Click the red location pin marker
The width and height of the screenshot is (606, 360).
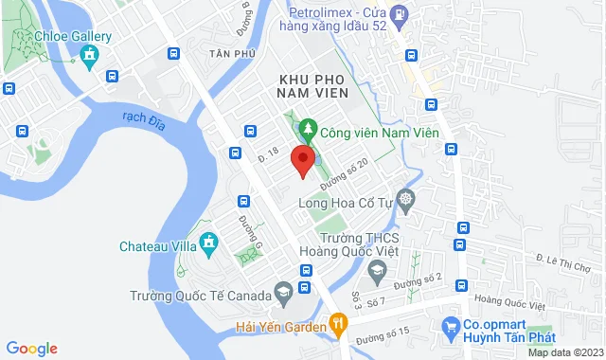click(302, 160)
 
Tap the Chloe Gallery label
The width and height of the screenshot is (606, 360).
click(76, 37)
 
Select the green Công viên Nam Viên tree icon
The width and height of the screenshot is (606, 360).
click(307, 132)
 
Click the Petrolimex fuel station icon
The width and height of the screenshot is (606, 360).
click(401, 14)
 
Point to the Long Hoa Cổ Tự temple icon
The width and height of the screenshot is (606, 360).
click(406, 200)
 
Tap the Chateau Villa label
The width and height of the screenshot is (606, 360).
click(160, 246)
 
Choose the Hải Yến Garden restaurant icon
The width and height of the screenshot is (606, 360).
click(335, 326)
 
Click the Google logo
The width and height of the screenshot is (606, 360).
click(31, 349)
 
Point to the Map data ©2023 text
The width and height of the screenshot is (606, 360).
click(564, 352)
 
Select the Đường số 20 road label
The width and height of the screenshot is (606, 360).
click(343, 171)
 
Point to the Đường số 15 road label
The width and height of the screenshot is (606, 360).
click(383, 333)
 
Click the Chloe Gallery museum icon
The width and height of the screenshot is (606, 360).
click(90, 55)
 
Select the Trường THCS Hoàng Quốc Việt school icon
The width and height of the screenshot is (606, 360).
click(377, 272)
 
